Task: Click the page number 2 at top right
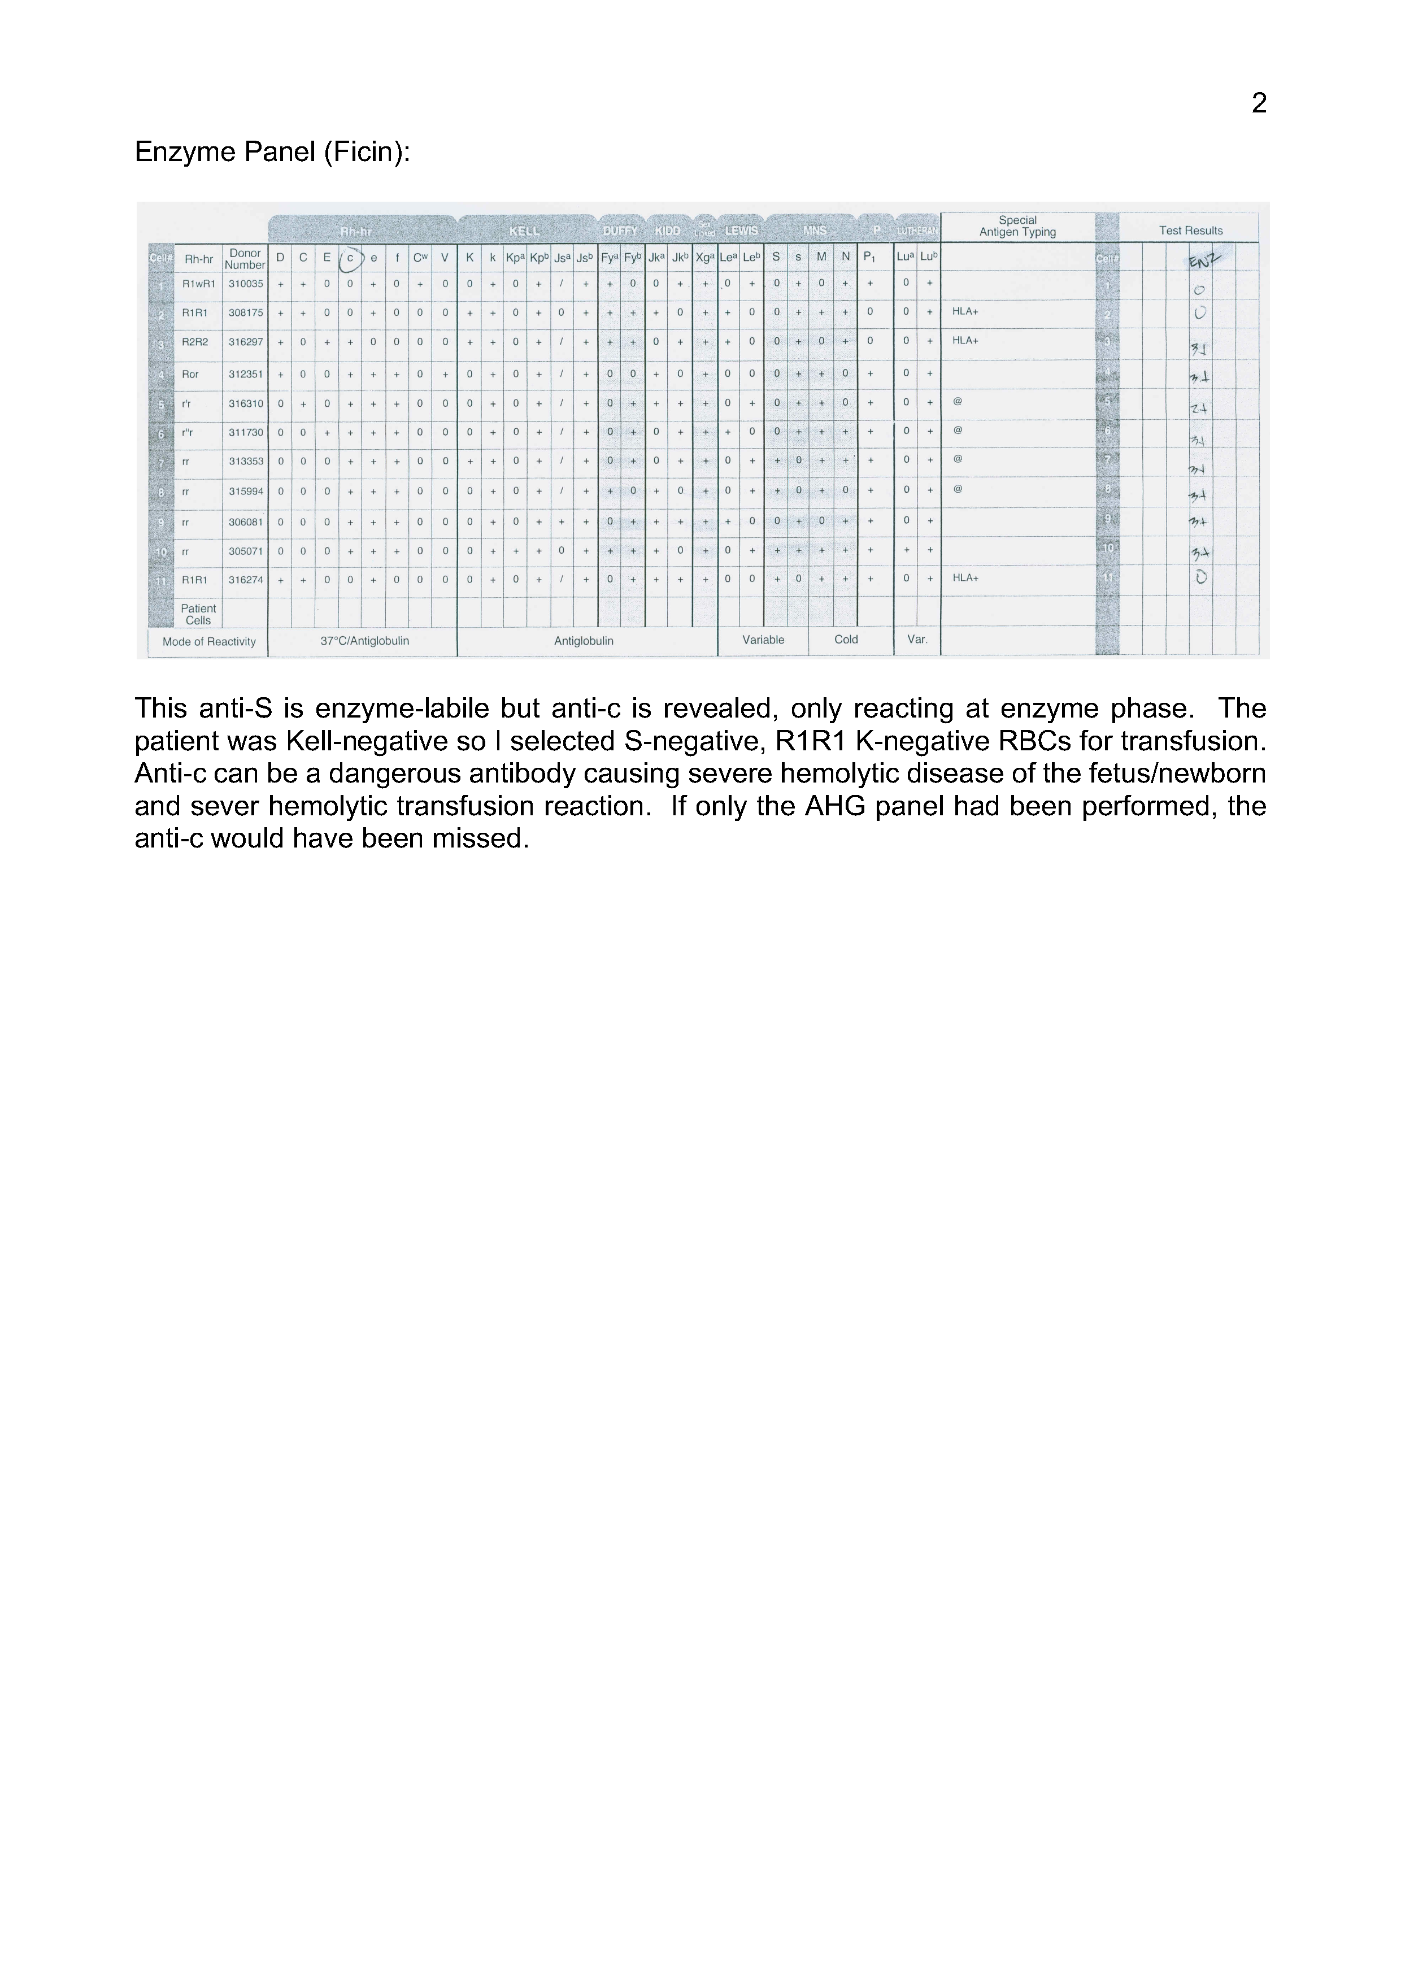pyautogui.click(x=1259, y=103)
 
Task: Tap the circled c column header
pyautogui.click(x=350, y=258)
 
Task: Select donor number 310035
pyautogui.click(x=245, y=284)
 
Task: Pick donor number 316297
pyautogui.click(x=245, y=342)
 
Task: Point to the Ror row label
pyautogui.click(x=190, y=375)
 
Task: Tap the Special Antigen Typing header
pyautogui.click(x=1017, y=226)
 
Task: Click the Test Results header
pyautogui.click(x=1190, y=231)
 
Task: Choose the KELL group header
pyautogui.click(x=524, y=231)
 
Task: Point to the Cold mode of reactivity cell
pyautogui.click(x=846, y=640)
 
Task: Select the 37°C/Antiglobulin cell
pyautogui.click(x=364, y=641)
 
